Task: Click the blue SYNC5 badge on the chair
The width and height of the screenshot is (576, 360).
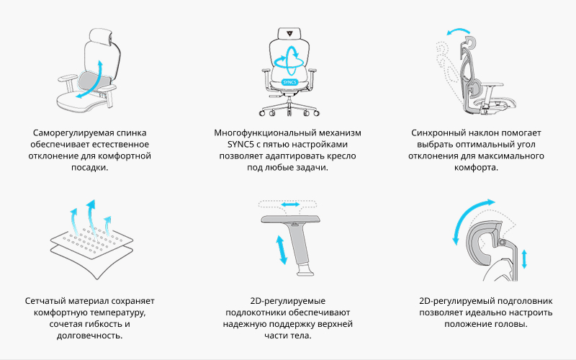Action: coord(289,82)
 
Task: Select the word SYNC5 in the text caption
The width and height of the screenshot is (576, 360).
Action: coord(239,145)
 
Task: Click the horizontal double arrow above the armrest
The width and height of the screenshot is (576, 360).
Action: coord(290,204)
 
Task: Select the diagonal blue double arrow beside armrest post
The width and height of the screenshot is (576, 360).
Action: coord(282,250)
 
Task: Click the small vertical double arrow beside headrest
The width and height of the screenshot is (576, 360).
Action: coord(524,259)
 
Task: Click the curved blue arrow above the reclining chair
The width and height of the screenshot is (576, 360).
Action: coord(458,30)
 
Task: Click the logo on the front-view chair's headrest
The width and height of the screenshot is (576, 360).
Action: coord(290,32)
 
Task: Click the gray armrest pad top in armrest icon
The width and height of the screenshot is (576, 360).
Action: coord(290,220)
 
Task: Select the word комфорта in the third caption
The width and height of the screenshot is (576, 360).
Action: coord(476,168)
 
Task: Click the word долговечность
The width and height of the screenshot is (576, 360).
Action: coord(89,336)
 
